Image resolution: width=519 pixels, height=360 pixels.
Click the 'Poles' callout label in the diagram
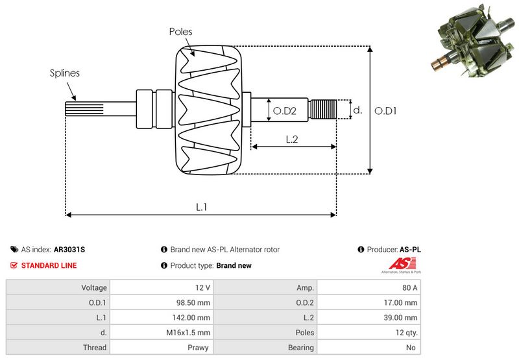(180, 31)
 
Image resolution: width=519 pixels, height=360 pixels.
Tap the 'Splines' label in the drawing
(65, 73)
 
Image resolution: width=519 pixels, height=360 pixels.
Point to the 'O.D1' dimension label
(385, 111)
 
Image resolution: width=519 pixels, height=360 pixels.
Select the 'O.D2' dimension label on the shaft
(284, 111)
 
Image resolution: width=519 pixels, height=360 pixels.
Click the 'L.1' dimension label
(201, 207)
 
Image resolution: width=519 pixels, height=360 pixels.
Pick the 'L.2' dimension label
(292, 138)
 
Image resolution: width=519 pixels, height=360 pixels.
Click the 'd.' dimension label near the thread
(357, 110)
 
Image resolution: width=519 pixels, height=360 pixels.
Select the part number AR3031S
(69, 249)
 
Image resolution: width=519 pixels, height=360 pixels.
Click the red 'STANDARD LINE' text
(49, 265)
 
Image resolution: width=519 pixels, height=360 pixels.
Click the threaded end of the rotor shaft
(323, 109)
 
